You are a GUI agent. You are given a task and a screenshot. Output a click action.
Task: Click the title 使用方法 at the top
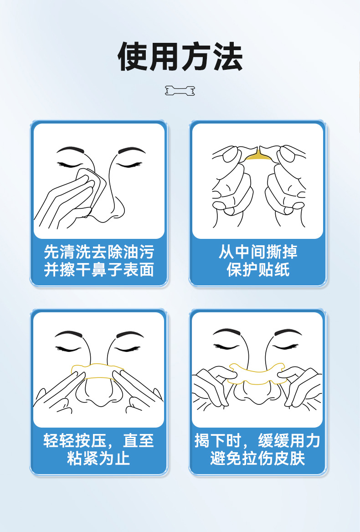click(x=180, y=57)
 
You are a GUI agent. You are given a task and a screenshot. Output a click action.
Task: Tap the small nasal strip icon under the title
click(x=180, y=91)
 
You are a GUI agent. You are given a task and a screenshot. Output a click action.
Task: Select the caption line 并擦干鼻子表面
click(x=99, y=270)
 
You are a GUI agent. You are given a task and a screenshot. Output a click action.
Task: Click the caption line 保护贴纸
click(x=258, y=270)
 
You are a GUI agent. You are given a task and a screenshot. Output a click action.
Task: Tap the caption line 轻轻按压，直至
click(x=99, y=441)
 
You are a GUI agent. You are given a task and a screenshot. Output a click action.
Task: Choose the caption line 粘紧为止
click(x=99, y=458)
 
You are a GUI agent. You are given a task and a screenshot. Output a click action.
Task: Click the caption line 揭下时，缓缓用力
click(x=257, y=441)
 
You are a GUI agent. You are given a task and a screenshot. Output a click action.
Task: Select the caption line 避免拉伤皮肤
click(x=257, y=458)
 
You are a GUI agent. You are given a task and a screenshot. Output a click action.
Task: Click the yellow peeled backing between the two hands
click(x=258, y=156)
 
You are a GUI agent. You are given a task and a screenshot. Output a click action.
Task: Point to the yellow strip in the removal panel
click(x=257, y=373)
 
